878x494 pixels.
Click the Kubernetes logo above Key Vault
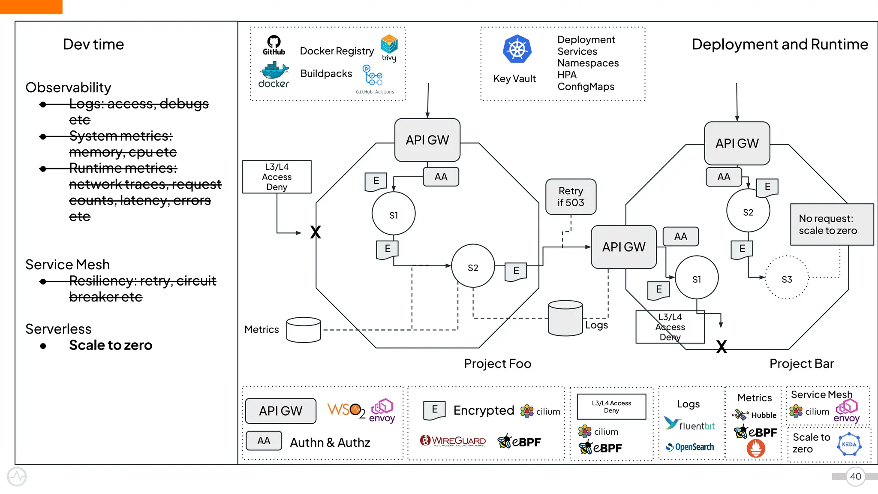point(517,49)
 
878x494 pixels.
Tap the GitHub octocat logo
point(274,42)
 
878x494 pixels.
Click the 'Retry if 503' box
point(571,197)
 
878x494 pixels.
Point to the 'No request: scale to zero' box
point(831,225)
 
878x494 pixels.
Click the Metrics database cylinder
point(304,330)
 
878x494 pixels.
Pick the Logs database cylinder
point(565,318)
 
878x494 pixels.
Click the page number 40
point(855,476)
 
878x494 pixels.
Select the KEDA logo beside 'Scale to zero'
point(849,445)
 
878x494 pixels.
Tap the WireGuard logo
point(453,441)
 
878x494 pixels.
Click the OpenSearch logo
point(690,447)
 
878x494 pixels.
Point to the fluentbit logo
point(689,425)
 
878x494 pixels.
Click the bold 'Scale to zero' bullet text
point(111,345)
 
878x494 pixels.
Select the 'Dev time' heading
point(93,44)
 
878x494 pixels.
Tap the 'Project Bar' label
point(801,364)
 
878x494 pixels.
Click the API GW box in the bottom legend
point(281,411)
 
